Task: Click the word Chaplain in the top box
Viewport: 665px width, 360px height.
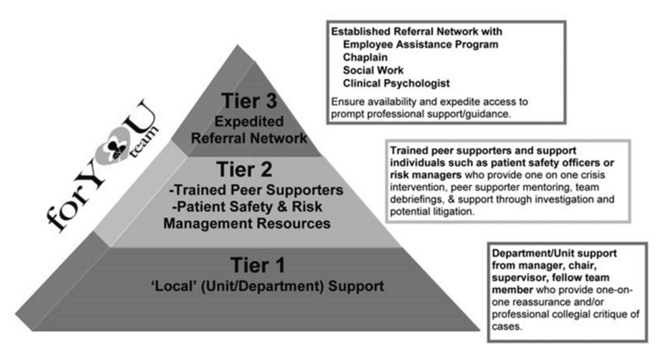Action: (366, 57)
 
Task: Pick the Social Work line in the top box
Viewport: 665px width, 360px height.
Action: (373, 70)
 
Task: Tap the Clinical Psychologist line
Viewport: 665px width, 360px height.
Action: (396, 83)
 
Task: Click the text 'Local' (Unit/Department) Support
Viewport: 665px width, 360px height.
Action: (267, 286)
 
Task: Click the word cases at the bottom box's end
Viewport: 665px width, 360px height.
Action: (510, 328)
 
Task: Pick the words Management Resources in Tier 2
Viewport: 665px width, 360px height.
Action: (250, 222)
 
